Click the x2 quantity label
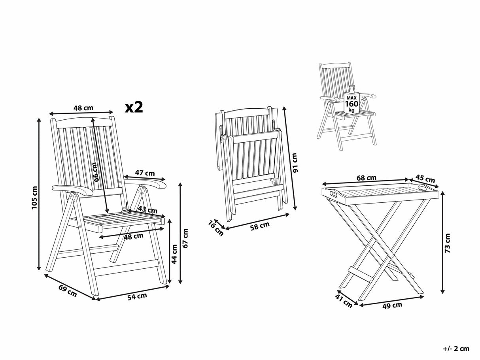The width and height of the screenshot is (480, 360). pyautogui.click(x=133, y=107)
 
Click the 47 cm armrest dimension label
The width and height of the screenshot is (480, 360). pyautogui.click(x=145, y=173)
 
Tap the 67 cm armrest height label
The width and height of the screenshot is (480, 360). pyautogui.click(x=186, y=238)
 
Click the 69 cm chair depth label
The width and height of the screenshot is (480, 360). pyautogui.click(x=68, y=290)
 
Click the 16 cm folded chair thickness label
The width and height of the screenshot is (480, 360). pyautogui.click(x=215, y=228)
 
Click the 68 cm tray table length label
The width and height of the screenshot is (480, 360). pyautogui.click(x=366, y=178)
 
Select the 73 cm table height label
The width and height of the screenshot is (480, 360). pyautogui.click(x=447, y=243)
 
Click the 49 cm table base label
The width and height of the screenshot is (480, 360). pyautogui.click(x=392, y=305)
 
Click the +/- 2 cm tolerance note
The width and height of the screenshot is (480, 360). pyautogui.click(x=456, y=348)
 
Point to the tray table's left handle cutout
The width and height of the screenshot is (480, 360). pyautogui.click(x=333, y=194)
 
